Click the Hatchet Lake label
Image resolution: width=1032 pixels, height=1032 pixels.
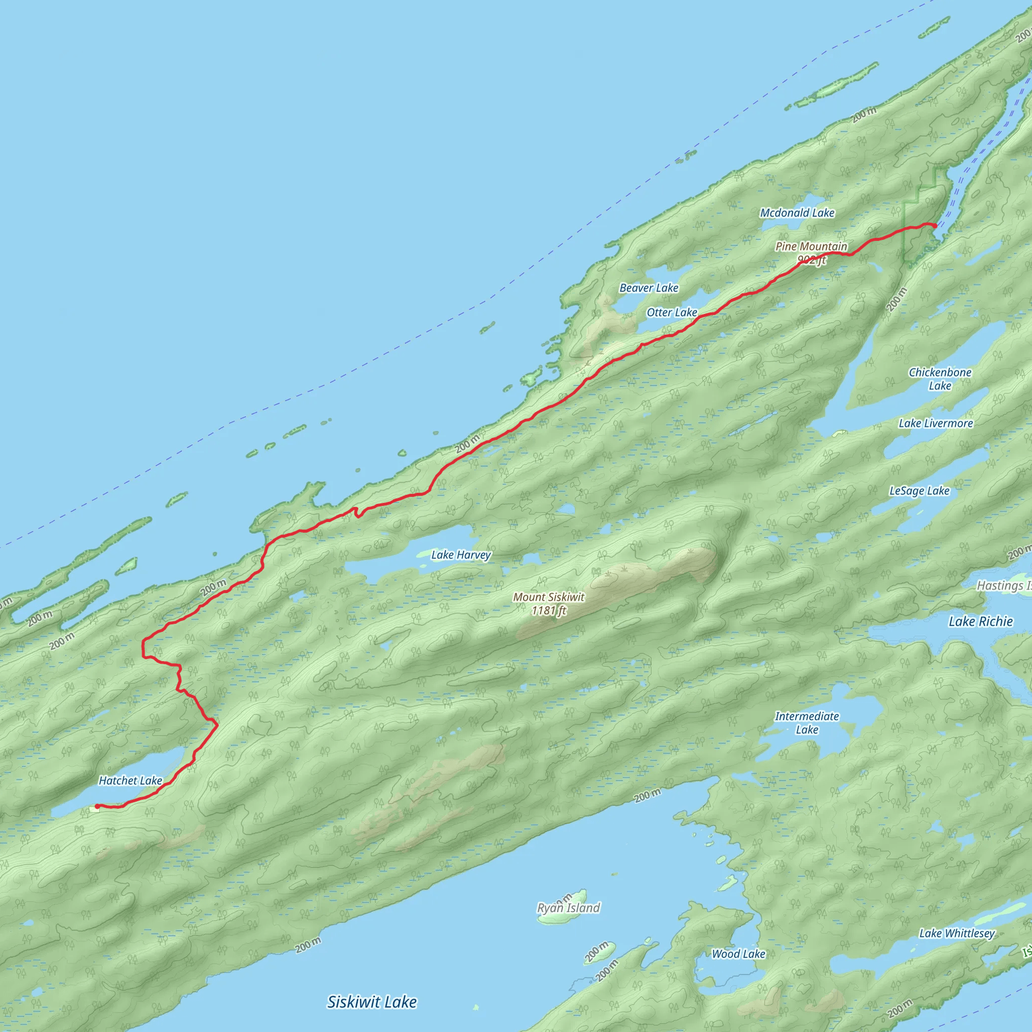(x=131, y=781)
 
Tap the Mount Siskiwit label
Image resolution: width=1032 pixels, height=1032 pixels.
(x=549, y=597)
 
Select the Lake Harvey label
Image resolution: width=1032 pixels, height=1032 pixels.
(x=461, y=555)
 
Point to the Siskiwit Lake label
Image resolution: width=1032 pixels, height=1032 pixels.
(x=372, y=1002)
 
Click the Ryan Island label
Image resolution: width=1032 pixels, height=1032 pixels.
(x=568, y=908)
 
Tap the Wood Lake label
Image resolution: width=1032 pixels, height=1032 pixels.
(x=738, y=953)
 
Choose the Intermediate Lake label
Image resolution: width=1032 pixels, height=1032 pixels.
(x=807, y=723)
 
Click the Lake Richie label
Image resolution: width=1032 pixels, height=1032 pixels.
(x=980, y=621)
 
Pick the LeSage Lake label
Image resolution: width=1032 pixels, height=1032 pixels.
(x=919, y=491)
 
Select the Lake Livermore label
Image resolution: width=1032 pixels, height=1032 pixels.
(x=935, y=424)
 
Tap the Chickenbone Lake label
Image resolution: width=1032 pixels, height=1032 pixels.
(x=940, y=379)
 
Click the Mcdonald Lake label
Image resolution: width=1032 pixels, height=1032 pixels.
(x=797, y=213)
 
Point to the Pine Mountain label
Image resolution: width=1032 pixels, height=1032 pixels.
(x=811, y=246)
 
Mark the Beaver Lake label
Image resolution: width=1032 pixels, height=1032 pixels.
(x=649, y=288)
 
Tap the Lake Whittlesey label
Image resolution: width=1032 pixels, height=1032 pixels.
(x=957, y=933)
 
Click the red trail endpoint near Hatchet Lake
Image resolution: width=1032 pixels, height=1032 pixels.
(x=97, y=806)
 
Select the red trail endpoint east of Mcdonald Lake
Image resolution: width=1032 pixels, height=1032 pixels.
(x=935, y=226)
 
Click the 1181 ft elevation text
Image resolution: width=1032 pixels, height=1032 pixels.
(x=549, y=611)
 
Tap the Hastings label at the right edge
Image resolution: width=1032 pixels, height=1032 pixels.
(x=1003, y=586)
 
